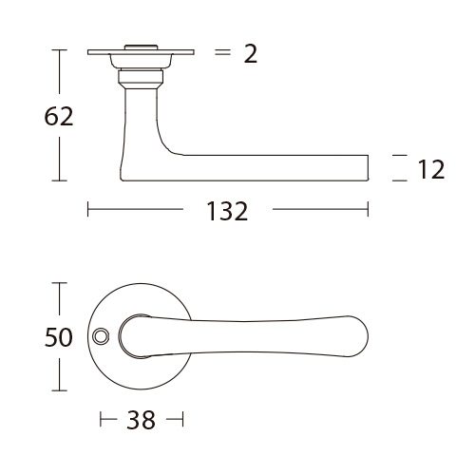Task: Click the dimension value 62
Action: pos(59,117)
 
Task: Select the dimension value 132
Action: pos(227,211)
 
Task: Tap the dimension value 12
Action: pos(431,169)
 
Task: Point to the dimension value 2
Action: pos(251,54)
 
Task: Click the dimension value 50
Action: pos(59,337)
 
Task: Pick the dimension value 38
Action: pos(142,420)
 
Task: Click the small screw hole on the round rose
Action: pos(101,336)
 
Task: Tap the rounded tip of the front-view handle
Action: pos(368,336)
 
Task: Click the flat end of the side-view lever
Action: pos(368,168)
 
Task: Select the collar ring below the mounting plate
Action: pos(141,78)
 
